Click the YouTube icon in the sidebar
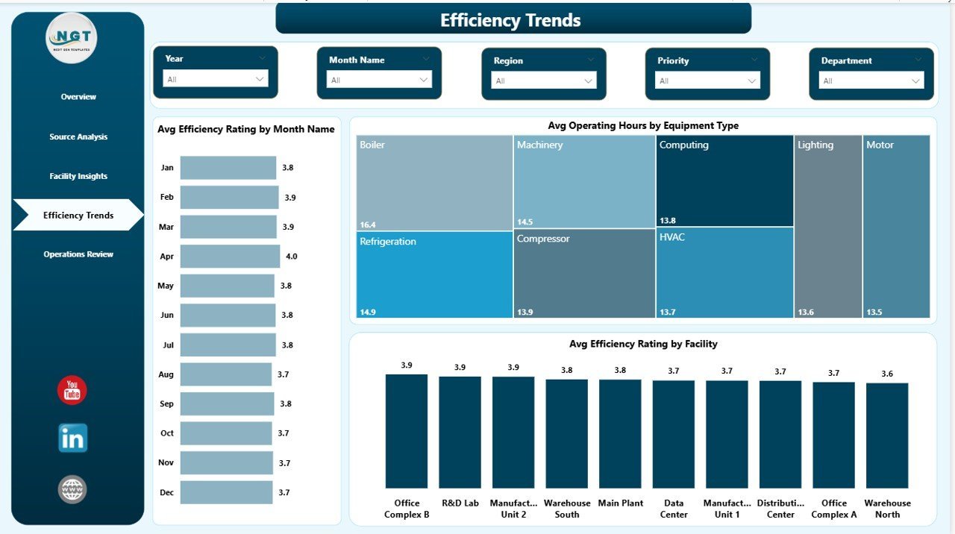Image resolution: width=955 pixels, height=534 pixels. (72, 391)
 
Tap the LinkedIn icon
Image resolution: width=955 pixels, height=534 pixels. (72, 439)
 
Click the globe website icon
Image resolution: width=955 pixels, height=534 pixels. (72, 490)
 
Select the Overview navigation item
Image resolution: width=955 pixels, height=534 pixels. (78, 97)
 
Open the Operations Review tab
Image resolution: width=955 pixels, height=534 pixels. (78, 254)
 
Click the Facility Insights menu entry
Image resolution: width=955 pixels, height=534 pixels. (78, 177)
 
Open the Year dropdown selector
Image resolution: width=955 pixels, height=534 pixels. (215, 79)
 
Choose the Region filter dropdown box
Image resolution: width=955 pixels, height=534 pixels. (543, 81)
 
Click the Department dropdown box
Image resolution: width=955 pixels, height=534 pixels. (871, 81)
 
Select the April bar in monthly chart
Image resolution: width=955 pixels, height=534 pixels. (230, 257)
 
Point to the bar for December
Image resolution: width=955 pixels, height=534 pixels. (226, 492)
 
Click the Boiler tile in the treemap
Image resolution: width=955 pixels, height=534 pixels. (434, 183)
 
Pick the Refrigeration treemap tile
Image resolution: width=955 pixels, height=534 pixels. (434, 274)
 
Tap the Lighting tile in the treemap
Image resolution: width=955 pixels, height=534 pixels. (827, 227)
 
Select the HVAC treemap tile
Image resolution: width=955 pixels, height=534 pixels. (724, 272)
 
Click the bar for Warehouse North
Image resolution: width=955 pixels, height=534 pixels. (887, 436)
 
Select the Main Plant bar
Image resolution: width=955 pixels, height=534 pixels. (620, 433)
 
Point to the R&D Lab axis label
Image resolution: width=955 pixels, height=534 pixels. (460, 503)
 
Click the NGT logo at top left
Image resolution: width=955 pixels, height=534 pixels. (72, 38)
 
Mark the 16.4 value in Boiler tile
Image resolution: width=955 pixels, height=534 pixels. (367, 224)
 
